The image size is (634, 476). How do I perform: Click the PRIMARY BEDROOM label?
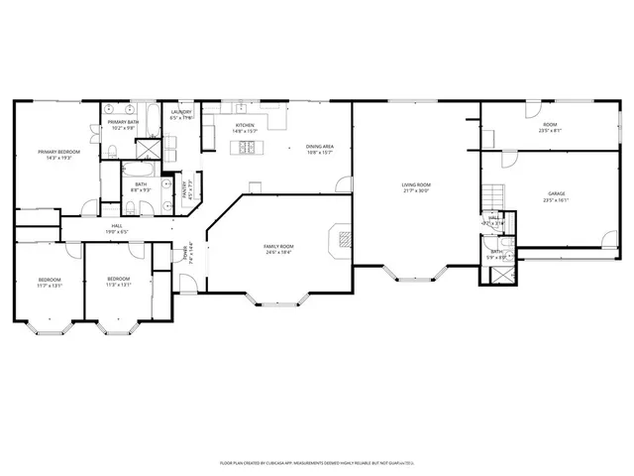coord(58,152)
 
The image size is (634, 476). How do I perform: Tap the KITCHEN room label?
coord(245,126)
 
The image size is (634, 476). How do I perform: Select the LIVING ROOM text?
coord(416,185)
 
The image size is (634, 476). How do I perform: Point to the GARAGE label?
coord(556,193)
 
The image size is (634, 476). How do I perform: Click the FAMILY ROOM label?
coord(278,247)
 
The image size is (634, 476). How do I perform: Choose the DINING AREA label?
coord(319,147)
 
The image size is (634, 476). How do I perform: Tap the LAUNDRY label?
coord(180,112)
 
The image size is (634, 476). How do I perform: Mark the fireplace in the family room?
coord(342,238)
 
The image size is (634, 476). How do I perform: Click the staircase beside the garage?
coord(492,196)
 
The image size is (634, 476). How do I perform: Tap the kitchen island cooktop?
coord(245,149)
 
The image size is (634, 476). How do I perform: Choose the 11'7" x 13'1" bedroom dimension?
coord(51,285)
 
